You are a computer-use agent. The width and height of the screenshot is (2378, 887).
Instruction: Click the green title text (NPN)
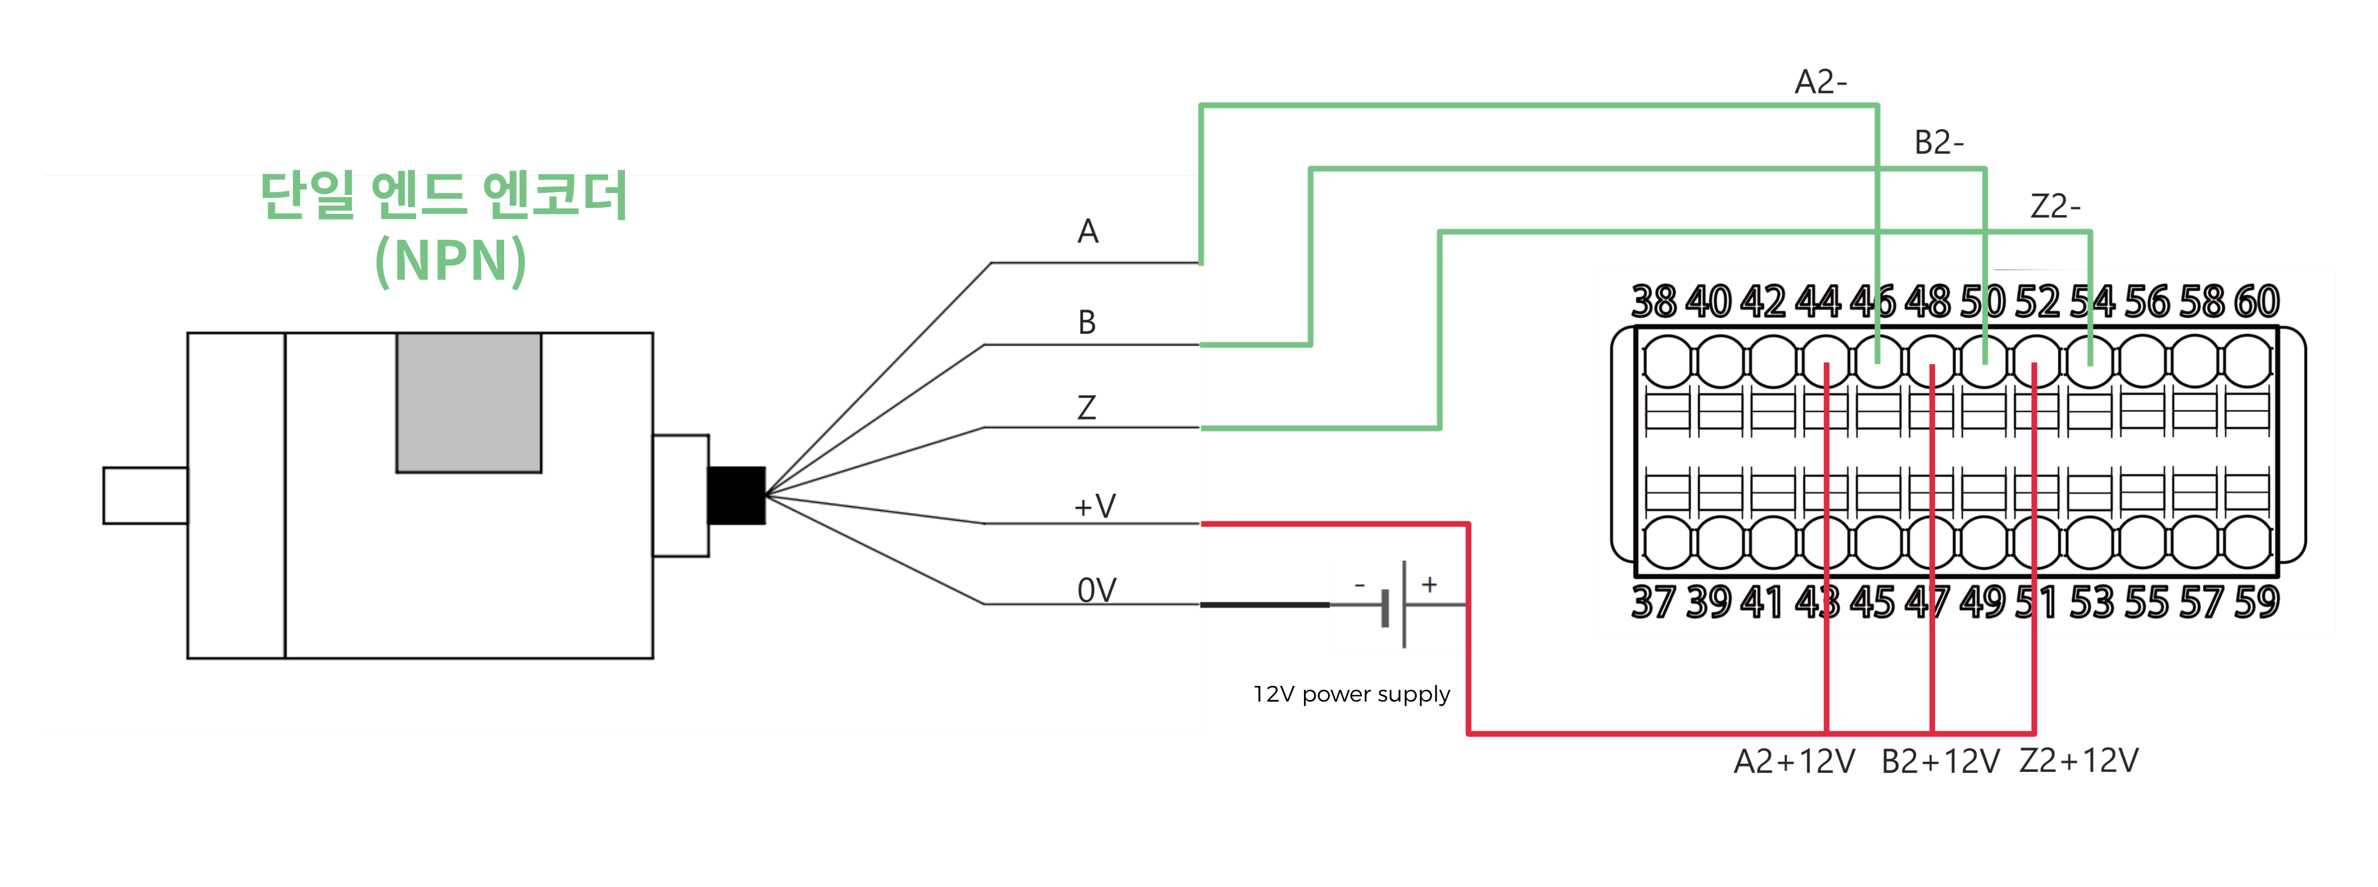(x=451, y=261)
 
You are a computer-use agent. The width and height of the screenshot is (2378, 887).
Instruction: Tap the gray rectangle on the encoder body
(x=469, y=402)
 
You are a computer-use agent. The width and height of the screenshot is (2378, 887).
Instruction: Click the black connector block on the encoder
(x=736, y=495)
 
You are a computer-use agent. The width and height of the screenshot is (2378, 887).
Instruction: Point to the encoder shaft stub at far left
(x=145, y=495)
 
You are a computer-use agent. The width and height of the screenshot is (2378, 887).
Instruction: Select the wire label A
(x=1088, y=231)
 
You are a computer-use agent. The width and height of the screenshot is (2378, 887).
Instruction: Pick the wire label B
(x=1086, y=322)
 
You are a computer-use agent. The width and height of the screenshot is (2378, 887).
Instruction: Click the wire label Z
(x=1086, y=407)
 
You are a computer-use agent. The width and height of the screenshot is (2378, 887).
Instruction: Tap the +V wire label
(x=1095, y=506)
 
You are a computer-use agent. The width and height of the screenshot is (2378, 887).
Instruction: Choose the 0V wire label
(x=1097, y=590)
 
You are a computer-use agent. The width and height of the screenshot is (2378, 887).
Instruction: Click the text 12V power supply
(x=1351, y=694)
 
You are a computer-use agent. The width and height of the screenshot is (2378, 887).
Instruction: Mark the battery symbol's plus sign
(x=1429, y=584)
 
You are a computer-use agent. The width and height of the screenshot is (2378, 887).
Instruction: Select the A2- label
(x=1820, y=82)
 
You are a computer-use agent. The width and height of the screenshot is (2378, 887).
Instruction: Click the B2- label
(x=1938, y=143)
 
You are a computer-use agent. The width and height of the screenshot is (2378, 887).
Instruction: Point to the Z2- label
(x=2055, y=206)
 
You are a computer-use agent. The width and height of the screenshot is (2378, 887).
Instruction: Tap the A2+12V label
(x=1793, y=762)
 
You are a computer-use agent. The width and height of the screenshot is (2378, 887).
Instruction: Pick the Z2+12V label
(x=2078, y=761)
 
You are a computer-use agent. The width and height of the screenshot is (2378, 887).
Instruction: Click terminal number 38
(x=1654, y=302)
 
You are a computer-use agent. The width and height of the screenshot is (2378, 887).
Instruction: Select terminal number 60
(x=2256, y=302)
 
